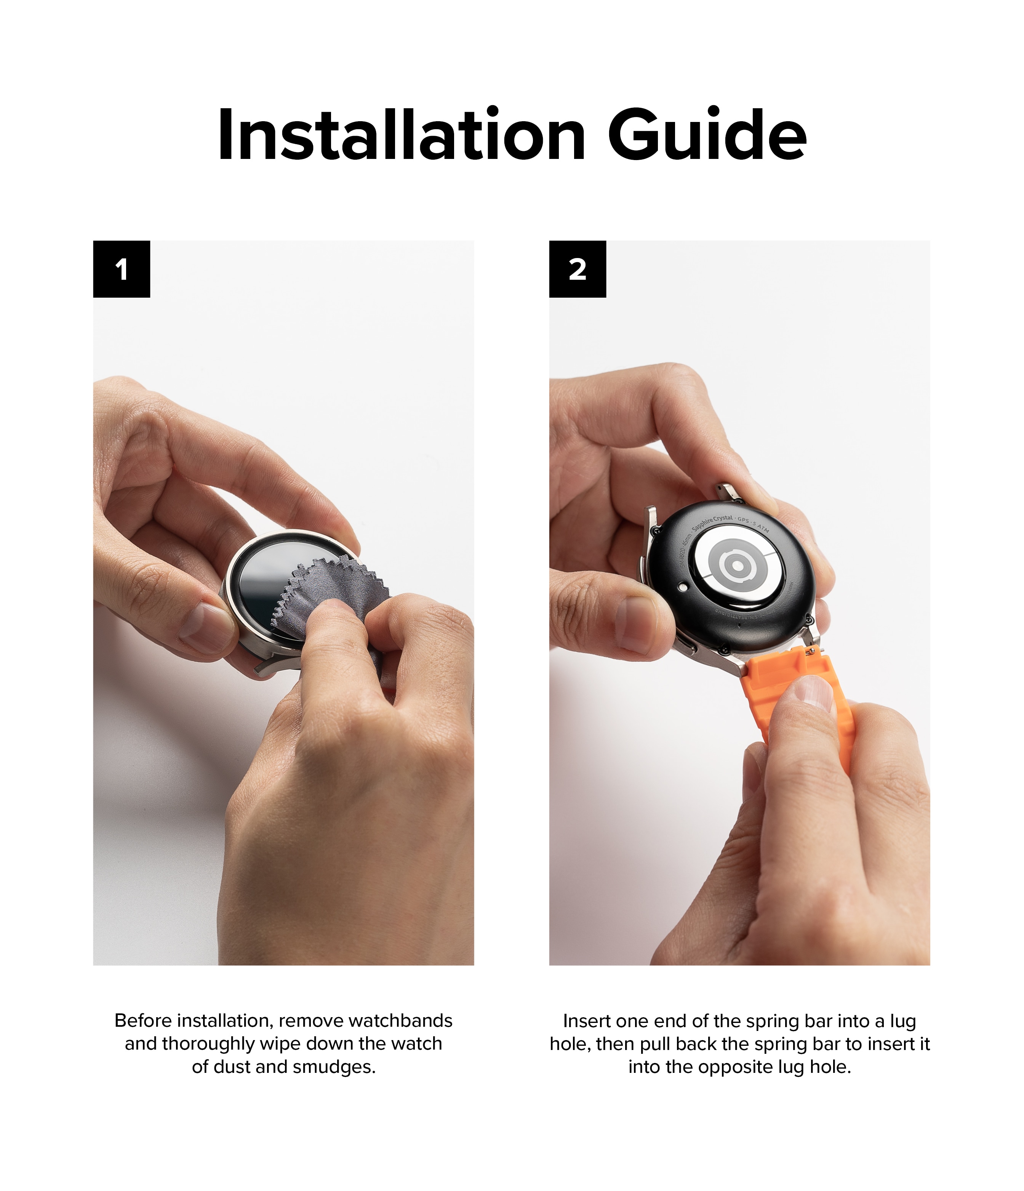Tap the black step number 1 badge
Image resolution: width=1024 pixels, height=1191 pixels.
coord(121,269)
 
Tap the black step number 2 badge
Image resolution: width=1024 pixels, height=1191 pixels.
coord(578,269)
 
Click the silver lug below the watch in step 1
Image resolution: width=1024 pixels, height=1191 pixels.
coord(276,667)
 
